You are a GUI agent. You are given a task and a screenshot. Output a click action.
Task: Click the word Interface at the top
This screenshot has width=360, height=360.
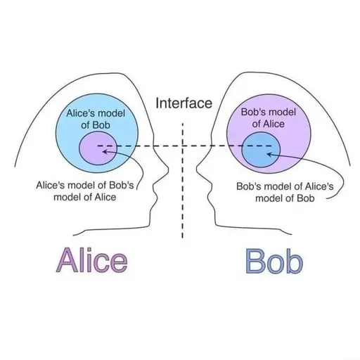point(184,103)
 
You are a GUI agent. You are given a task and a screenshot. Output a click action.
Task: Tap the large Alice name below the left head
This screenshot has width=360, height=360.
point(92,260)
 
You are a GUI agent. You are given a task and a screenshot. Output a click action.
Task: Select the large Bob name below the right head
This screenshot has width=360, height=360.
point(274,261)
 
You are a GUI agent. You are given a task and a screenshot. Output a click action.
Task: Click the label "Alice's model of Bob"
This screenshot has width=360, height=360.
point(96,119)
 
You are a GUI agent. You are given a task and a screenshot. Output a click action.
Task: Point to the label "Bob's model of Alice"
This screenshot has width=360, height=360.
point(269,118)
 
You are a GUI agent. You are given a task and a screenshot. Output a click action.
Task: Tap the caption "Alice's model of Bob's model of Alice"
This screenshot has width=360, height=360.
point(85,191)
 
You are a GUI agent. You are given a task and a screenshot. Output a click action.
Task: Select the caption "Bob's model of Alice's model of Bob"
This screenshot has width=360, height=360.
point(285,193)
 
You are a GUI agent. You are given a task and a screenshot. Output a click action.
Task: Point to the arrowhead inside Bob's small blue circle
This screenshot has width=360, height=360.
point(269,154)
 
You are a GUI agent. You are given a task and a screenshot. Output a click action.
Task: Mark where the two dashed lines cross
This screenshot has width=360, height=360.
point(182,146)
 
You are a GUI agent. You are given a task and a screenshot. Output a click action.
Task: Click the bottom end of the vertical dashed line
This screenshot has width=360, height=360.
point(182,238)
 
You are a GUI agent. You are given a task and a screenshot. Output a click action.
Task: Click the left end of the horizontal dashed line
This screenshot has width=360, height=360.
point(98,146)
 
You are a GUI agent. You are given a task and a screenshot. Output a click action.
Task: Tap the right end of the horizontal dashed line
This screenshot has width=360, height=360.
point(272,146)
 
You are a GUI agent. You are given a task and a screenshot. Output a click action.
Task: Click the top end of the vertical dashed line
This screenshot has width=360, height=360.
point(182,123)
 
